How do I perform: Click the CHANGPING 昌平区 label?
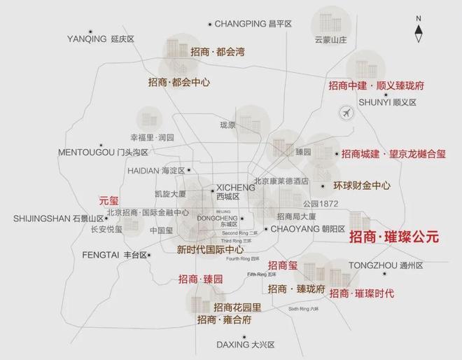point(252,24)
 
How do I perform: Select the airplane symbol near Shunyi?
point(345,113)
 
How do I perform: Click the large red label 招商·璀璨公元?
point(394,237)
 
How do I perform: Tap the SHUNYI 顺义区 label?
point(387,102)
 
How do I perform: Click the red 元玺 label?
point(110,200)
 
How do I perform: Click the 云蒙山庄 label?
point(332,40)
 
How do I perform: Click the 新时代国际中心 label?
point(210,249)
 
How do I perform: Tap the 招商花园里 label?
point(237,307)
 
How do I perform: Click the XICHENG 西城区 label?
point(235,193)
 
